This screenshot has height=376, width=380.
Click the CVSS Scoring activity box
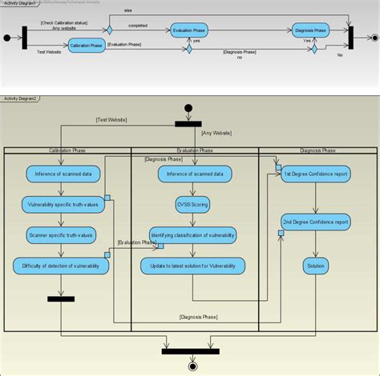coord(194,204)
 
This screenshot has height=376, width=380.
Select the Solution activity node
coord(316,266)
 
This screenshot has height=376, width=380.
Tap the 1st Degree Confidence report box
coord(316,174)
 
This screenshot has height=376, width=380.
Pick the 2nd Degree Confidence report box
coord(316,221)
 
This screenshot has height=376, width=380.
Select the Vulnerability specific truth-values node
coord(61,205)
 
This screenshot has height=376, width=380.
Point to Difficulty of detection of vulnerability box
coord(61,266)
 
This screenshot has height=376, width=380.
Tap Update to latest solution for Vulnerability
coord(192,266)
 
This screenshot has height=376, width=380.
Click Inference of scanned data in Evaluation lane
coord(194,174)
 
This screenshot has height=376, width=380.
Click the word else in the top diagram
coord(127,10)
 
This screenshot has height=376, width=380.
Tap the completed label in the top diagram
coord(138,25)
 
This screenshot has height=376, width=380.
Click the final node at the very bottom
coord(192,366)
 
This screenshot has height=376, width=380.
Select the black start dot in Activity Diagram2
coord(188,108)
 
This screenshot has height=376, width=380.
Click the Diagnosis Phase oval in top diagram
coord(310,30)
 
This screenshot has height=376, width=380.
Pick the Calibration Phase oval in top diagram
coord(86,46)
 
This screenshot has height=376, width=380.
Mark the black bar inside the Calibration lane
coord(61,299)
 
